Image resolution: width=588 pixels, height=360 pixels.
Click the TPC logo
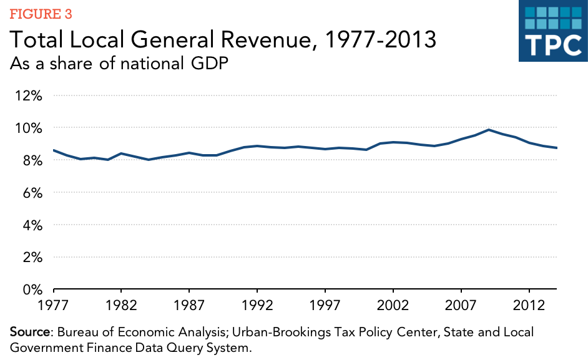(552, 31)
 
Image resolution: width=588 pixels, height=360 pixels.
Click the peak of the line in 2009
(489, 130)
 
